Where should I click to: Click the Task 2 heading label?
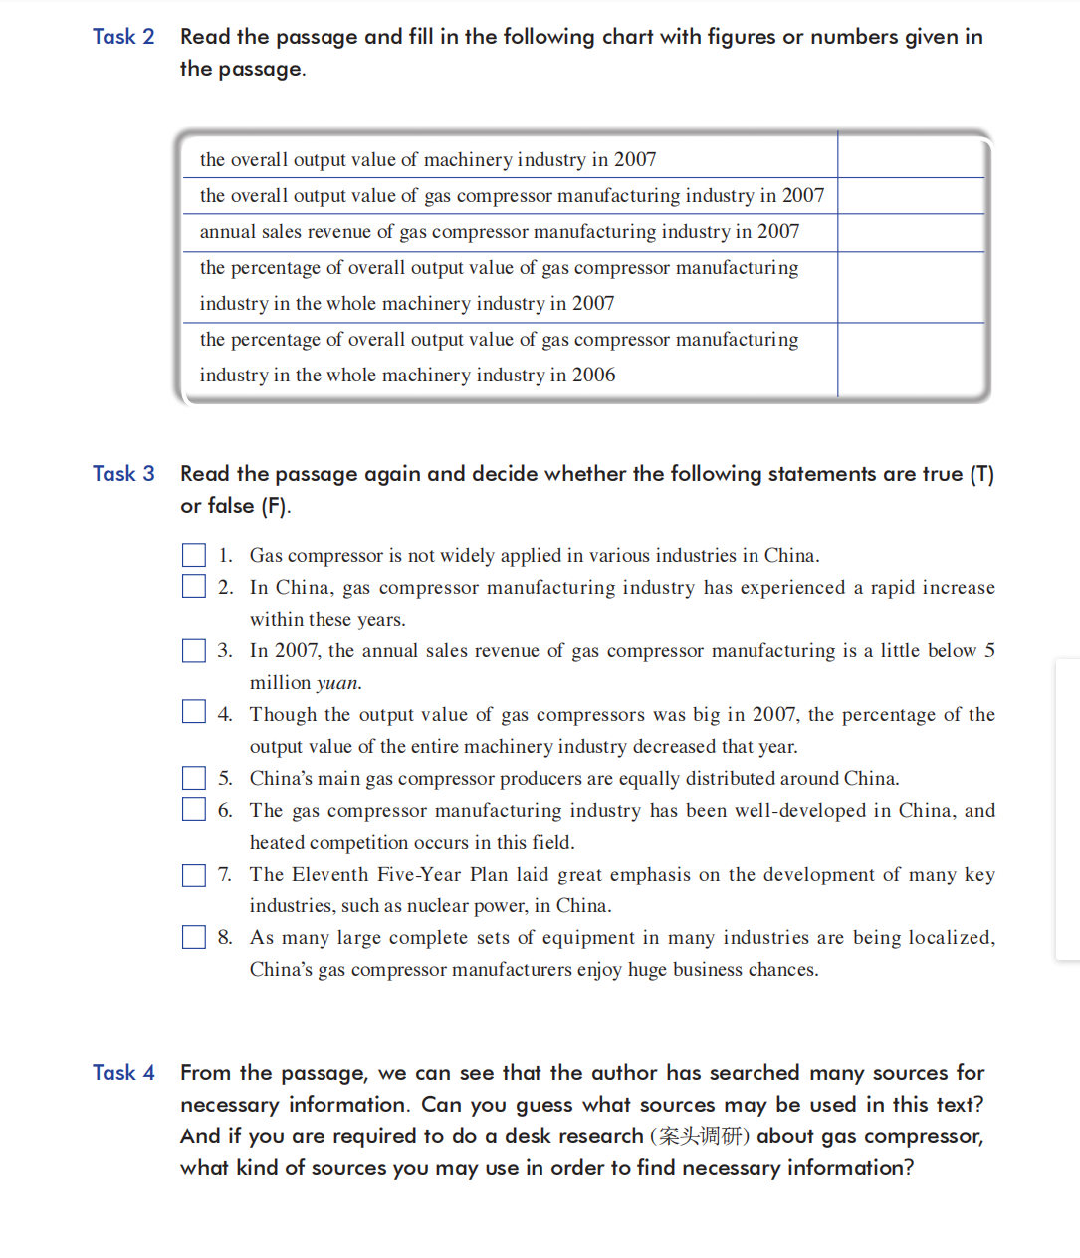tap(123, 37)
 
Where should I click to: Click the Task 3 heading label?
tap(123, 474)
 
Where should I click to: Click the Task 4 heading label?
tap(123, 1073)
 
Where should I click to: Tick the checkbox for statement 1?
tap(194, 555)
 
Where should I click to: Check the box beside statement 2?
tap(194, 586)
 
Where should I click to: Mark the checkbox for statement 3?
tap(194, 650)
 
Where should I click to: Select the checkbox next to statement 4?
tap(194, 712)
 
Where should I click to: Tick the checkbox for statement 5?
tap(194, 778)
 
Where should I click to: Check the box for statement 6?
tap(194, 809)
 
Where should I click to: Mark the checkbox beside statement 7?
tap(194, 875)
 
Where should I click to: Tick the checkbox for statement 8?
tap(194, 937)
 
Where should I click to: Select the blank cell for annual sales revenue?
tap(910, 232)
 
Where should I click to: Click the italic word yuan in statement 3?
tap(337, 683)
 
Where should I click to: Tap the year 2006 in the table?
tap(593, 376)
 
